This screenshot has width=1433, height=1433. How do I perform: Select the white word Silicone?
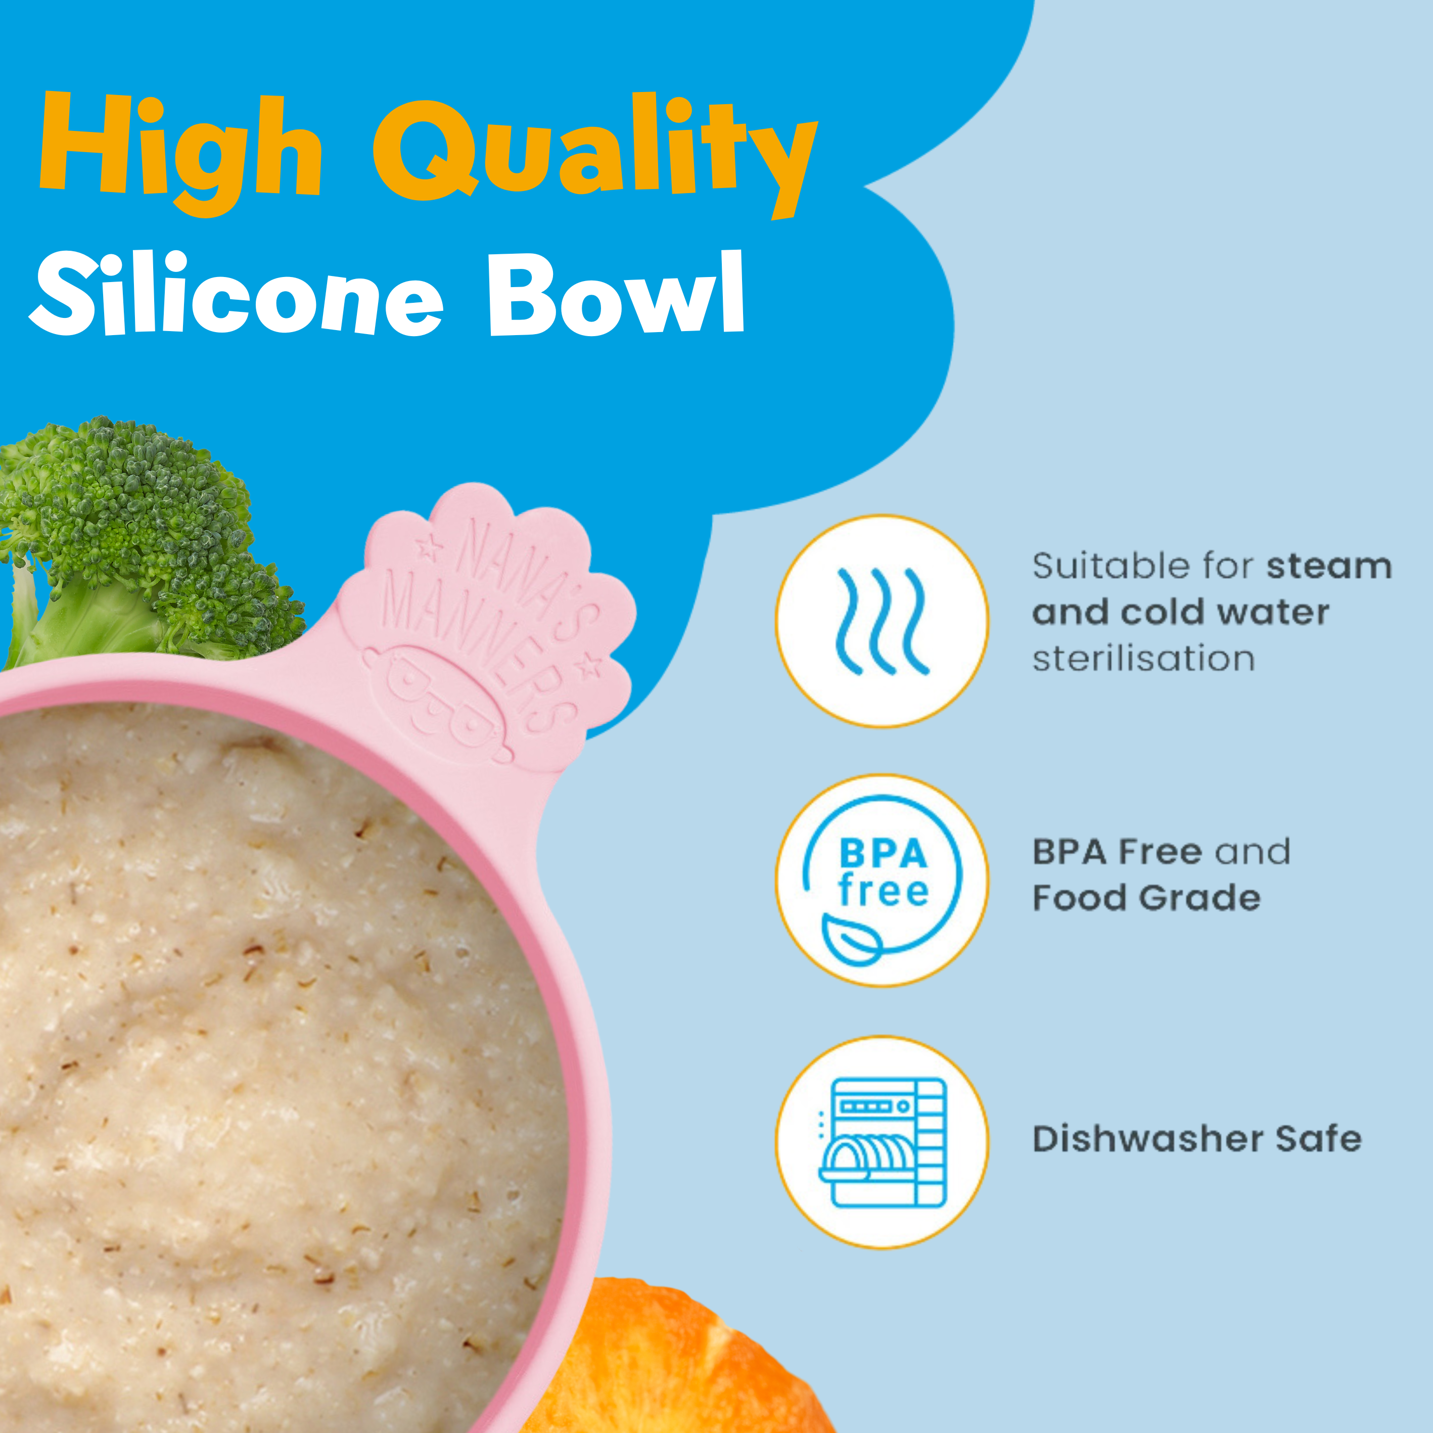pyautogui.click(x=236, y=293)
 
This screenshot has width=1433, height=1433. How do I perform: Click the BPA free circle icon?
pyautogui.click(x=882, y=881)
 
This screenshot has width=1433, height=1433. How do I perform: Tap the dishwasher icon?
pyautogui.click(x=883, y=1141)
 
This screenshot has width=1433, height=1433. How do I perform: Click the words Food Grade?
pyautogui.click(x=1147, y=898)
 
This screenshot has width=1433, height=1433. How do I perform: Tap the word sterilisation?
pyautogui.click(x=1144, y=659)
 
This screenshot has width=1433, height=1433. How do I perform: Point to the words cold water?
pyautogui.click(x=1225, y=613)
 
